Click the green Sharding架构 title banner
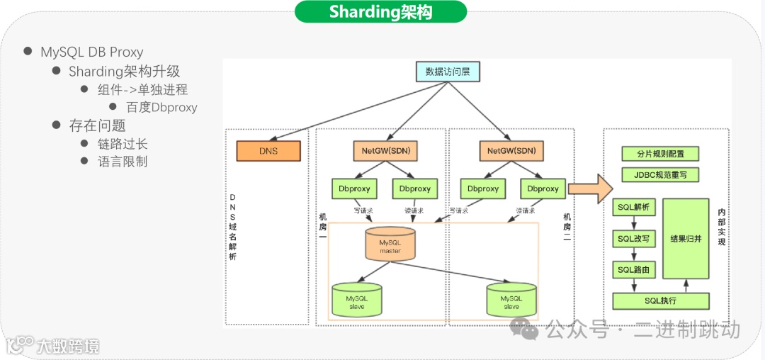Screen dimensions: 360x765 tap(380, 12)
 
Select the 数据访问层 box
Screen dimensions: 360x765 tap(448, 71)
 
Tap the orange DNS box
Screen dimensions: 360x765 tap(268, 151)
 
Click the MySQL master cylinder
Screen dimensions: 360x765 tap(390, 244)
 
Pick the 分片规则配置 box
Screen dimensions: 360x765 tap(659, 154)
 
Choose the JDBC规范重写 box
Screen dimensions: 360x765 tap(659, 174)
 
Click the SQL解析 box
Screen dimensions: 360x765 tap(633, 208)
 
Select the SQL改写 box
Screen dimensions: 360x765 tap(633, 239)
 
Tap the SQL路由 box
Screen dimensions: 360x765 tap(633, 270)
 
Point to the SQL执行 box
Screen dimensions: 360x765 tap(660, 301)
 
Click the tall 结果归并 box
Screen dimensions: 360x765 tap(686, 239)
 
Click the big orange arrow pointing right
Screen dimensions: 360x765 tap(589, 189)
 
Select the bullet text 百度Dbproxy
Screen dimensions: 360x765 tap(161, 108)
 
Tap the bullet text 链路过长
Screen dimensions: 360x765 tap(123, 144)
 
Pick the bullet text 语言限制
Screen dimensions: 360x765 tap(123, 162)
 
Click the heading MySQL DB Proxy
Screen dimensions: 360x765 tap(91, 52)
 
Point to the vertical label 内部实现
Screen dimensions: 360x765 tap(722, 227)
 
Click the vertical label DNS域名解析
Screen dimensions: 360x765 tap(233, 227)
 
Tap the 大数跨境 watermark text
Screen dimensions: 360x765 tap(68, 347)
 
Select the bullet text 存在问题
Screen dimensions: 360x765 tap(97, 125)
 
